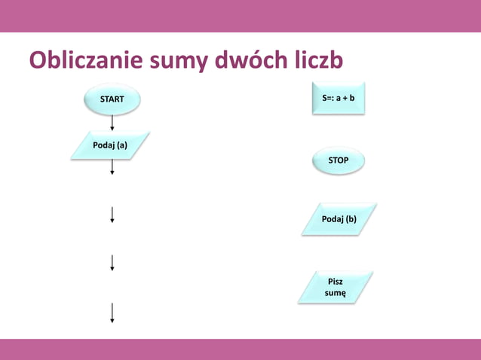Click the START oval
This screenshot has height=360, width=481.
(x=112, y=99)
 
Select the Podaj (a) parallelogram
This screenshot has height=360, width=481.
(x=110, y=145)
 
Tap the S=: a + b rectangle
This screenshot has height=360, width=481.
(x=339, y=98)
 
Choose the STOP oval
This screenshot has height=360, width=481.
(x=339, y=160)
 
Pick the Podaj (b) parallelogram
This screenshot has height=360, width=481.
(x=339, y=219)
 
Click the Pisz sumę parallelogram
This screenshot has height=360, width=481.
(x=335, y=287)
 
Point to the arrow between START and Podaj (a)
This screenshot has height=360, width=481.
(x=112, y=123)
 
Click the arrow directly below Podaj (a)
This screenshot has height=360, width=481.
(x=112, y=168)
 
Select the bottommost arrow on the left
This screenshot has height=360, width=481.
(x=112, y=312)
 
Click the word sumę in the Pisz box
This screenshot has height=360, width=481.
(x=335, y=293)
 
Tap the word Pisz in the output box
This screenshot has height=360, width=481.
(x=335, y=281)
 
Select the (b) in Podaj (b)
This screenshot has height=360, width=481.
(x=351, y=219)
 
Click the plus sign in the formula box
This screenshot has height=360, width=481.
(x=343, y=98)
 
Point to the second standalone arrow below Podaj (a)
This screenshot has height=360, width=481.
(x=112, y=262)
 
